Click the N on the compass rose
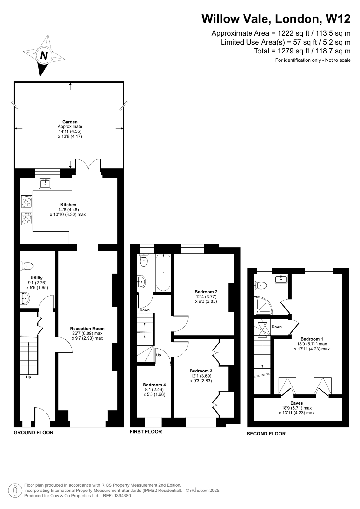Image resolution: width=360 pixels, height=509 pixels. click(44, 56)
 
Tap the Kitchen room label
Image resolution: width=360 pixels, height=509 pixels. click(68, 205)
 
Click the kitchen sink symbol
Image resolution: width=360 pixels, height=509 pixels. click(45, 183)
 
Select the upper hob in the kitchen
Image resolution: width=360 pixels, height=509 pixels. click(26, 201)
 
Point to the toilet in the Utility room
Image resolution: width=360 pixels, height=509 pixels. click(27, 265)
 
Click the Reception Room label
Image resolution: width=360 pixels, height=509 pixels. click(87, 329)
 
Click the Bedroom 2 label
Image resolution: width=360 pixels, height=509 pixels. click(206, 292)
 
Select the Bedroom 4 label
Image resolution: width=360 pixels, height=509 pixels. click(154, 385)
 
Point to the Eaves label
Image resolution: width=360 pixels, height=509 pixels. click(296, 403)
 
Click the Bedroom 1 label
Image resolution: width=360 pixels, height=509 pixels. click(312, 339)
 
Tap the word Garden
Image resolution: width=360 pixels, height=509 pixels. click(70, 122)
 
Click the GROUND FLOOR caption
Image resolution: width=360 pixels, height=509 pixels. click(33, 432)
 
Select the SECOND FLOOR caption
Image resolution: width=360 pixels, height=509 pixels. click(266, 434)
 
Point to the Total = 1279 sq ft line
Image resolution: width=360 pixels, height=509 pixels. click(302, 51)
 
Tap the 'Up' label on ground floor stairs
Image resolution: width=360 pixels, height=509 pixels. click(28, 377)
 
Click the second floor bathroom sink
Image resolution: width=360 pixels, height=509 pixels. click(281, 279)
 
